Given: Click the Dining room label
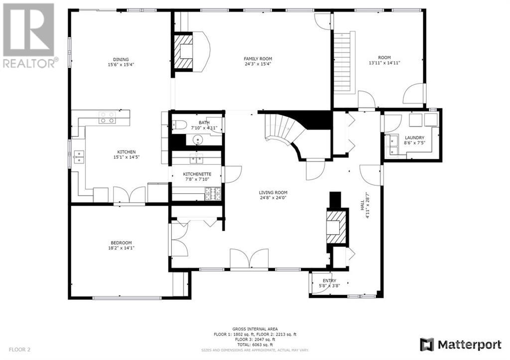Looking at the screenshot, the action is click(121, 60).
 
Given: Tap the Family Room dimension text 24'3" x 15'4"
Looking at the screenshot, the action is click(258, 64).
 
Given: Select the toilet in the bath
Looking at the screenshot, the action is click(179, 124).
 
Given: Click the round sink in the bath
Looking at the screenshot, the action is click(198, 140).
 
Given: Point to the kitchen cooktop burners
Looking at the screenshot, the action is click(107, 118).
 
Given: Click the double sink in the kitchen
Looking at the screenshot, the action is click(79, 156).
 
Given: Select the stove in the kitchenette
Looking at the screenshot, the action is click(213, 194).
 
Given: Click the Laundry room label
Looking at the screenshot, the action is click(414, 138).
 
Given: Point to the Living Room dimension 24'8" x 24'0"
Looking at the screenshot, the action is click(273, 197).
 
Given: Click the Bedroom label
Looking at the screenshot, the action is click(122, 243).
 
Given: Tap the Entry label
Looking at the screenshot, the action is click(330, 281).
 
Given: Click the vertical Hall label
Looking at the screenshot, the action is click(363, 205).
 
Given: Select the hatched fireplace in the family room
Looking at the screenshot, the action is click(184, 51).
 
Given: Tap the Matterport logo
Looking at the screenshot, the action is click(461, 345).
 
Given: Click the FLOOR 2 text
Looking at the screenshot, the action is click(19, 350).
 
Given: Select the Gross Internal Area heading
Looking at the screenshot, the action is click(255, 329).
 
